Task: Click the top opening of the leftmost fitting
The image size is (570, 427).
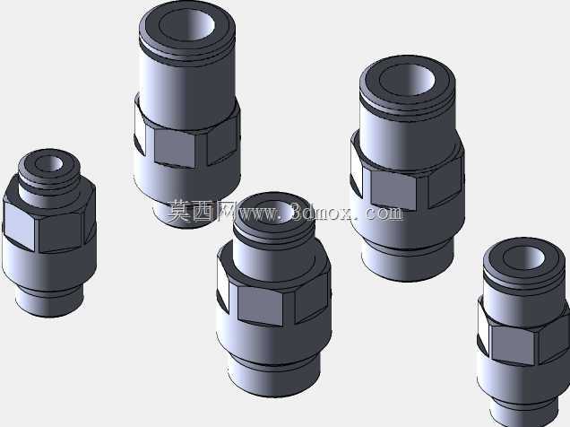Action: pyautogui.click(x=48, y=163)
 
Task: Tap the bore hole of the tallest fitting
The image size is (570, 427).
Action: pyautogui.click(x=186, y=24)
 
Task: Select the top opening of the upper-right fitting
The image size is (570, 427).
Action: pyautogui.click(x=407, y=80)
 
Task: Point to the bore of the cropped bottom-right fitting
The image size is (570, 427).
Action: pyautogui.click(x=523, y=257)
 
